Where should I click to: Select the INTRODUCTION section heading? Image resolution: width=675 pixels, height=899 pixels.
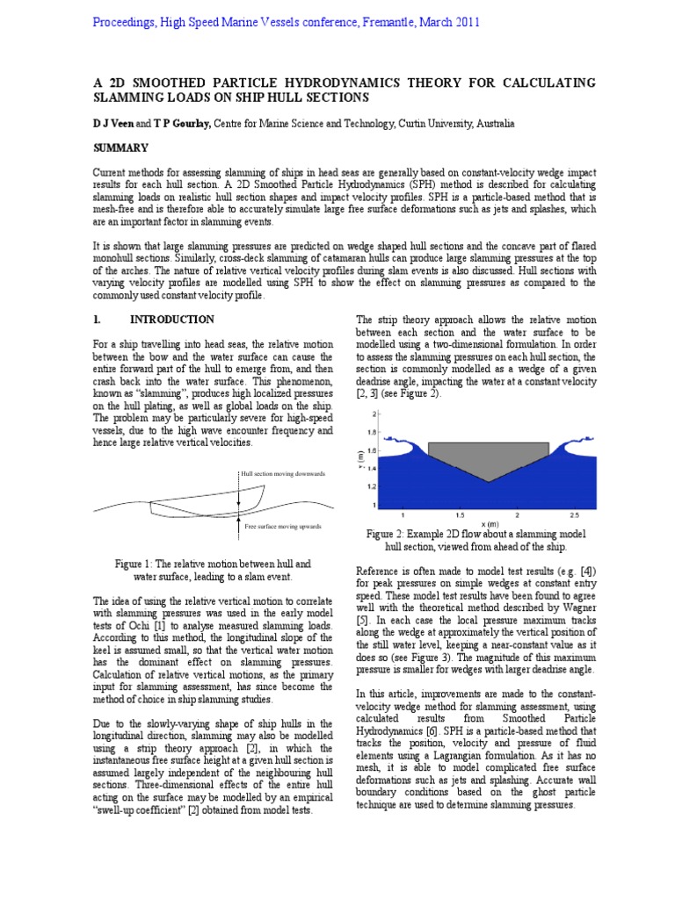(x=172, y=320)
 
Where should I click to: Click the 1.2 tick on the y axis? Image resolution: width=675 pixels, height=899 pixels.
(x=372, y=486)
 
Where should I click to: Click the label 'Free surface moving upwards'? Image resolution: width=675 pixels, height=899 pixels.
(x=282, y=526)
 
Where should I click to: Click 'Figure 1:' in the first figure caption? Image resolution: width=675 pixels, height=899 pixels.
(x=136, y=564)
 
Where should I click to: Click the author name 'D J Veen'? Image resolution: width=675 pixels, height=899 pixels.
(x=112, y=125)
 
